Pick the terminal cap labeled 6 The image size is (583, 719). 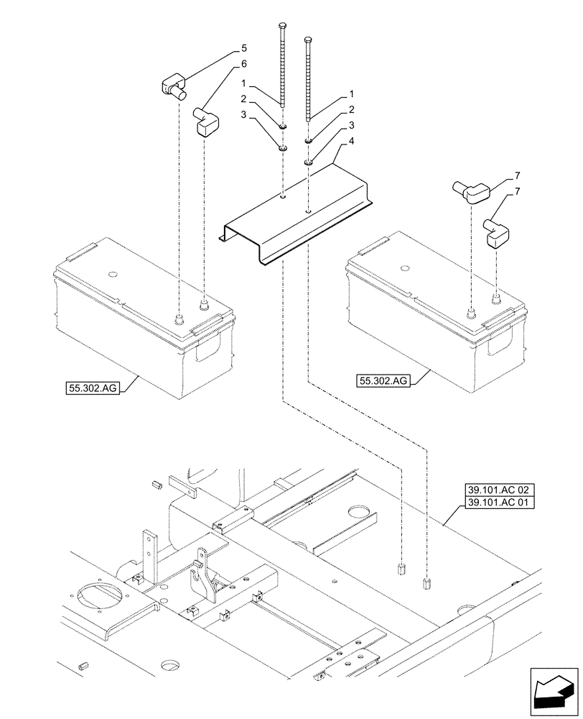coord(206,122)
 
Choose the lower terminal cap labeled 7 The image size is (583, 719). coord(496,232)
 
